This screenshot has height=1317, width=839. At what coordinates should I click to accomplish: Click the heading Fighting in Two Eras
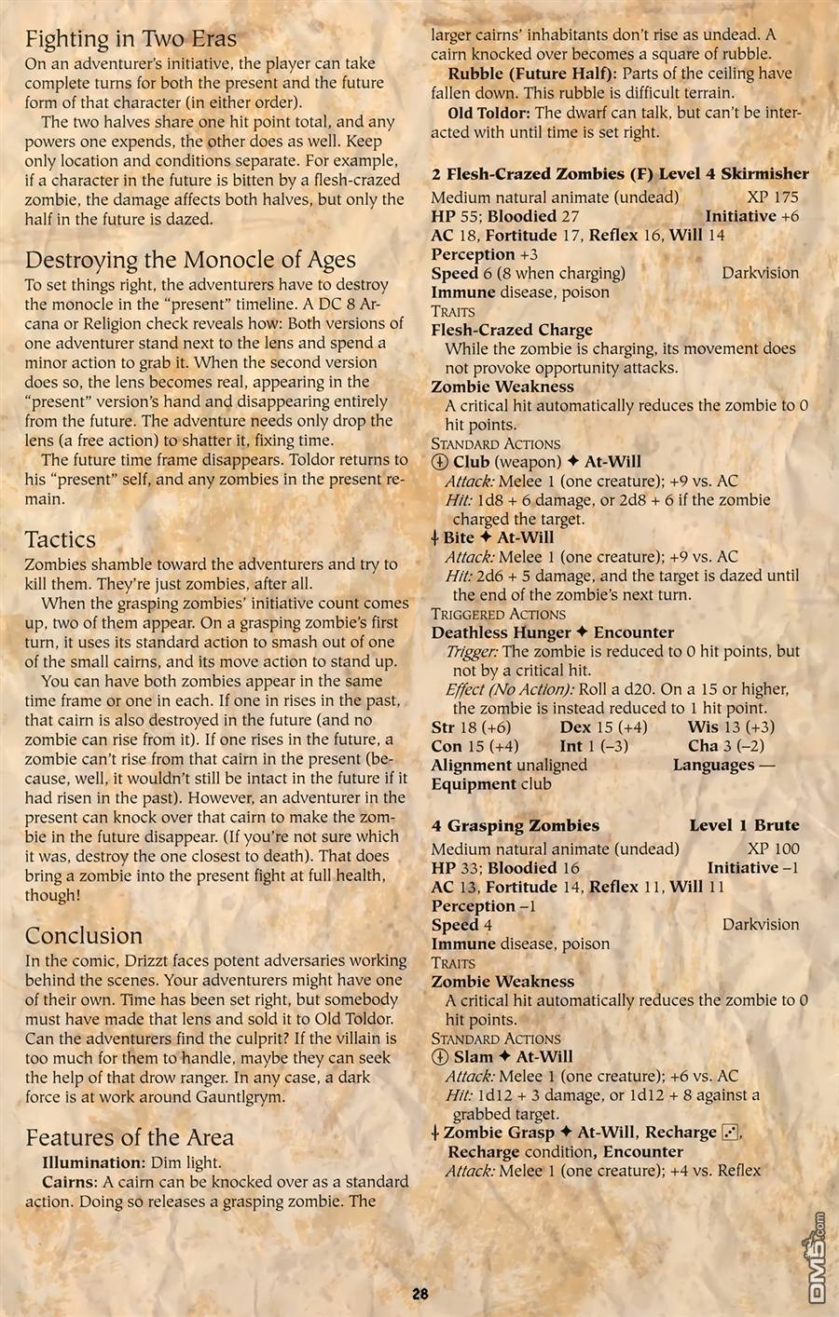(131, 39)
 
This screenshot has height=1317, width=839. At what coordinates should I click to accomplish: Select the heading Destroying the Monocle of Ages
(190, 260)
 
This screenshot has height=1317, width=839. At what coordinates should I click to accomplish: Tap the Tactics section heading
(60, 539)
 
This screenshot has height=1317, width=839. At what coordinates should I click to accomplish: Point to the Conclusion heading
(84, 936)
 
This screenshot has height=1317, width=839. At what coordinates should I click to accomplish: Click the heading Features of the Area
(130, 1137)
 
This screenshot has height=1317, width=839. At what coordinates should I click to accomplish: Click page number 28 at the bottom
(419, 1293)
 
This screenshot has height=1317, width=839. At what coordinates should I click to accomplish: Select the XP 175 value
(773, 197)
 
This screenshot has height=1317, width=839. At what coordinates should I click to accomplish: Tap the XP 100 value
(773, 849)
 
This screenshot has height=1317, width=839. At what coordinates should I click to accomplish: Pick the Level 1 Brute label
(744, 825)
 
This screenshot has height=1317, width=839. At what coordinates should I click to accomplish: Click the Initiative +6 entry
(751, 216)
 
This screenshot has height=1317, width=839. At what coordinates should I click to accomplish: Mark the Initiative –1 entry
(752, 868)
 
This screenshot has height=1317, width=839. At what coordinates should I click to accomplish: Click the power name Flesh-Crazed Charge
(511, 330)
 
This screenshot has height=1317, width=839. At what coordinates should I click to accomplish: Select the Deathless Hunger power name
(500, 632)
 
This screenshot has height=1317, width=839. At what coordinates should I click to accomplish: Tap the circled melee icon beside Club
(440, 462)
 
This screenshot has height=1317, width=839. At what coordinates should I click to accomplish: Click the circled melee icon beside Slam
(440, 1057)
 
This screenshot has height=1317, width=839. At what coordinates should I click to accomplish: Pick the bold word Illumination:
(92, 1162)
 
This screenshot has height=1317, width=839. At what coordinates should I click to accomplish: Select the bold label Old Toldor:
(489, 113)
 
